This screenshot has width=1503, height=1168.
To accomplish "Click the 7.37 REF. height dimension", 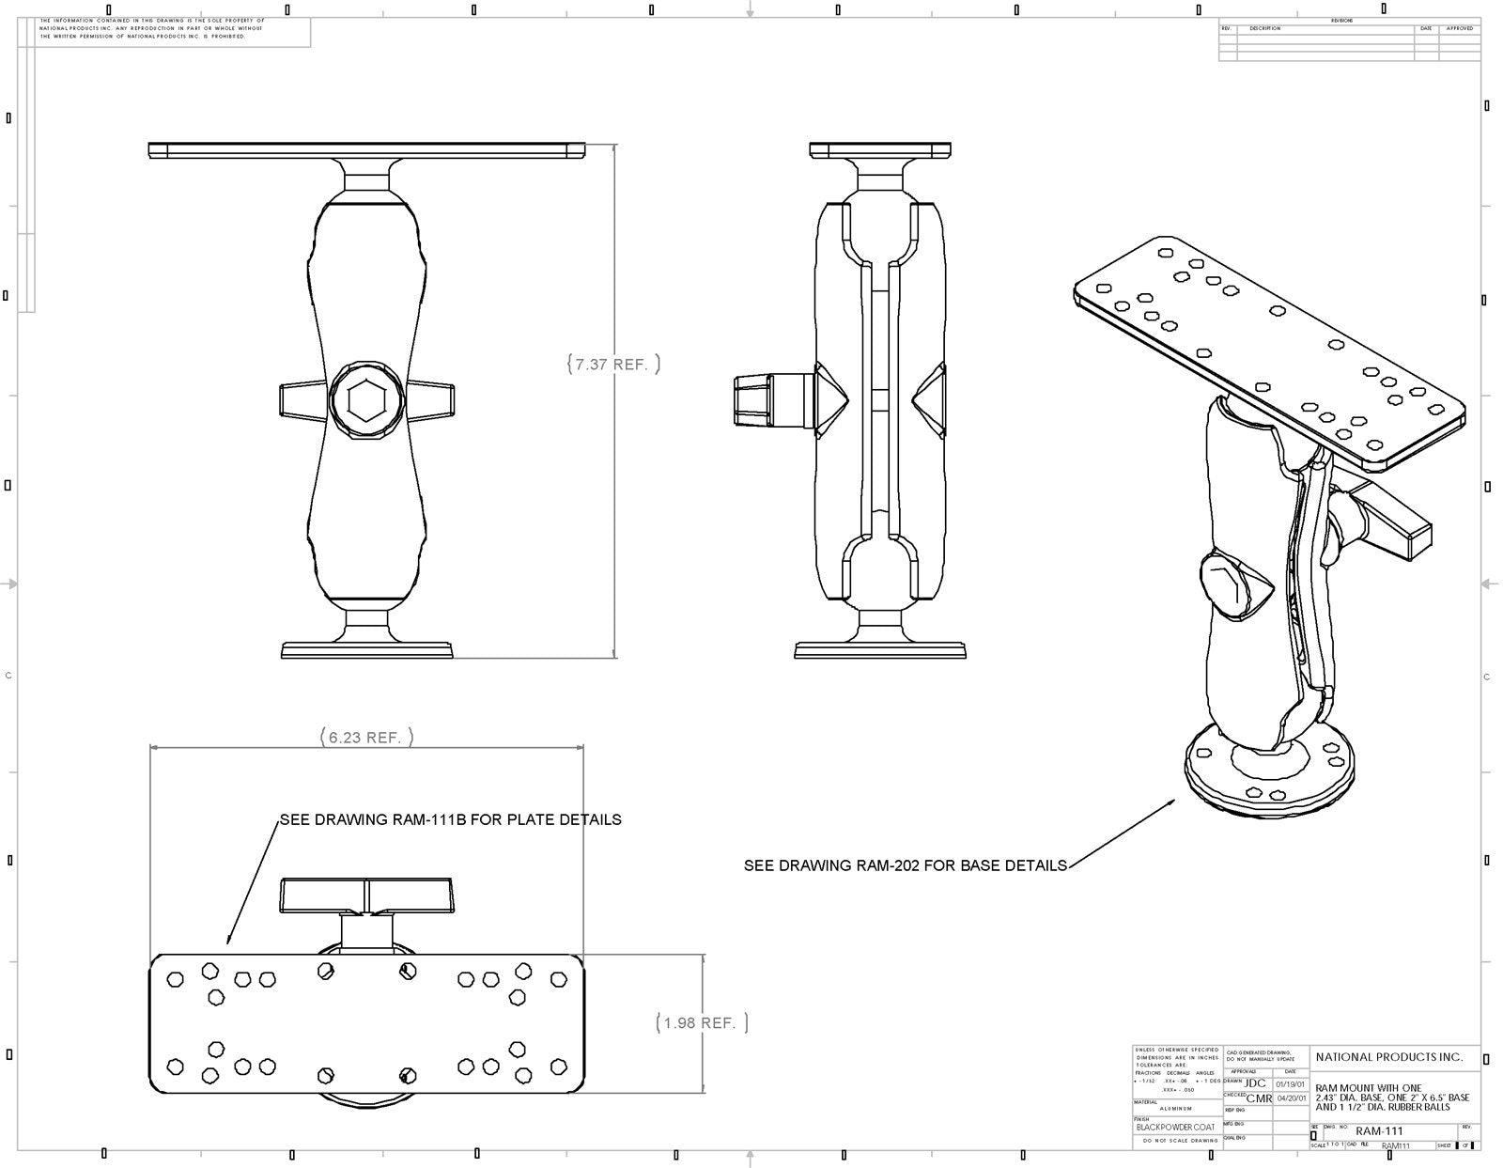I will (x=613, y=365).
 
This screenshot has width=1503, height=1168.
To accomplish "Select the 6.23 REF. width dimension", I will (x=365, y=738).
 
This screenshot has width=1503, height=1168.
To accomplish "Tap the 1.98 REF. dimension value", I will (x=701, y=1023).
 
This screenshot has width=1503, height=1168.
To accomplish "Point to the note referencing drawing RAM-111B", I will (x=450, y=819).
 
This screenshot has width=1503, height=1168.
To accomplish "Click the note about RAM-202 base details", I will (x=905, y=865).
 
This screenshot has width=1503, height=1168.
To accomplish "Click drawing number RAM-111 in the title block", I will (x=1379, y=1131).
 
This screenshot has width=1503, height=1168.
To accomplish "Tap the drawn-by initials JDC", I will (x=1255, y=1083).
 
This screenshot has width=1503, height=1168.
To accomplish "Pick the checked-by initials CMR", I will (x=1259, y=1098).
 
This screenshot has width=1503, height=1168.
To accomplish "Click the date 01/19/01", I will (x=1291, y=1083).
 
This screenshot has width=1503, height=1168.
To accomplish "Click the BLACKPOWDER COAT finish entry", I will (x=1174, y=1127).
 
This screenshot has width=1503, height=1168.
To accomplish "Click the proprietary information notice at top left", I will (x=150, y=28).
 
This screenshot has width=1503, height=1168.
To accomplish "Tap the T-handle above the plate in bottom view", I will (x=367, y=893).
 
